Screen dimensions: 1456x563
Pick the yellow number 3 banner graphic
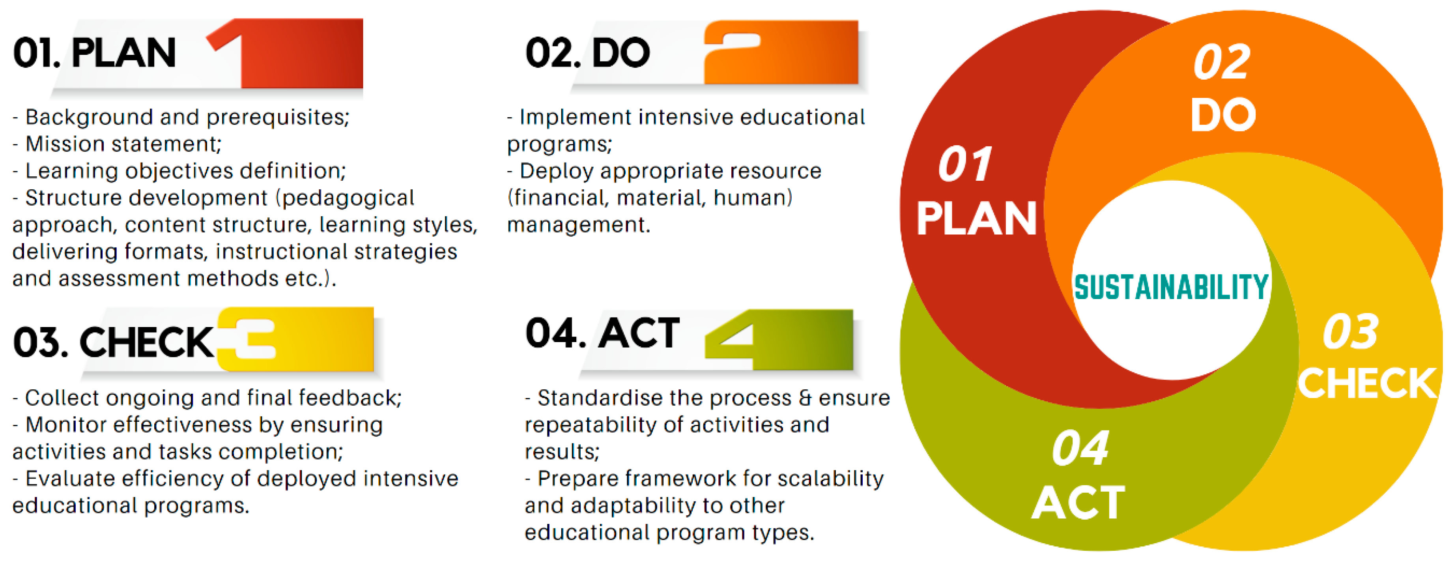[x=295, y=339]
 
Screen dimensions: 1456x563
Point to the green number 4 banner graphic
[x=779, y=340]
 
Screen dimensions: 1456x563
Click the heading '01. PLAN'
[x=94, y=53]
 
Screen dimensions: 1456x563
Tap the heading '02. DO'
[x=587, y=53]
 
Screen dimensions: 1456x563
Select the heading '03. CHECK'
[x=114, y=342]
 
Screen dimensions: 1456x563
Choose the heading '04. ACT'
[x=602, y=333]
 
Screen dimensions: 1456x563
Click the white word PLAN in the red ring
[x=976, y=218]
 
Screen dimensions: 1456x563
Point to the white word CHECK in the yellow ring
[x=1367, y=383]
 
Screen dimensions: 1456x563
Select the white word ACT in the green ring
[x=1078, y=503]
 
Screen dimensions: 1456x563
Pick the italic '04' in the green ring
[x=1080, y=448]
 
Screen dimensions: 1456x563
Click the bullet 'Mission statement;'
[x=117, y=144]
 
